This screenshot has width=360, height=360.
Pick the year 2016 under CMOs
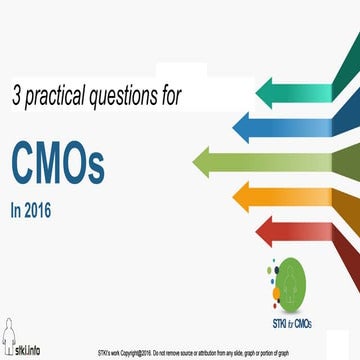pos(45,211)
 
